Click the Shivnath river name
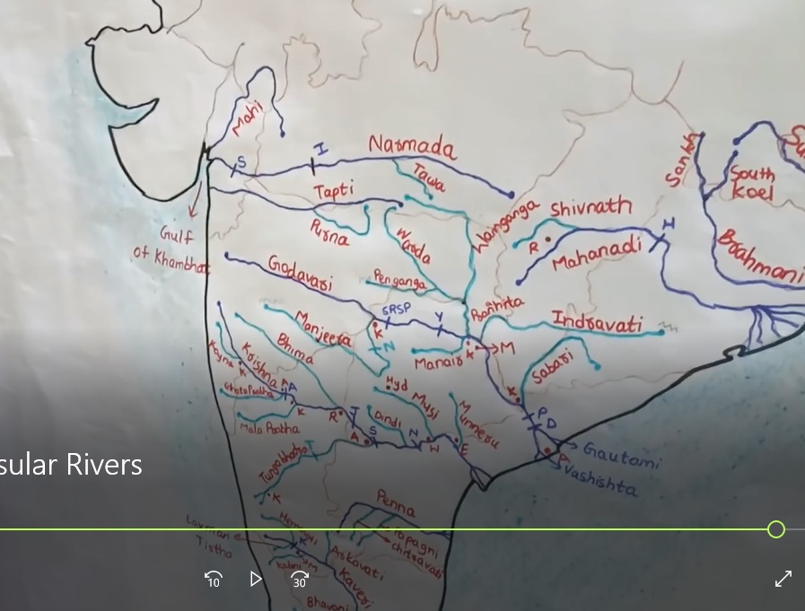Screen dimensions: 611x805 591,207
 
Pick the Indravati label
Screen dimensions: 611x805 597,321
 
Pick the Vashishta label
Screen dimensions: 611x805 604,485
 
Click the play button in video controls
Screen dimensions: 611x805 256,579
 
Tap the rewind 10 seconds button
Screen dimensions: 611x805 214,579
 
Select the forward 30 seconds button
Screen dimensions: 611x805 300,579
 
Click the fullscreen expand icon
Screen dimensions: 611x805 783,579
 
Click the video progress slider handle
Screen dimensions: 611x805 776,529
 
